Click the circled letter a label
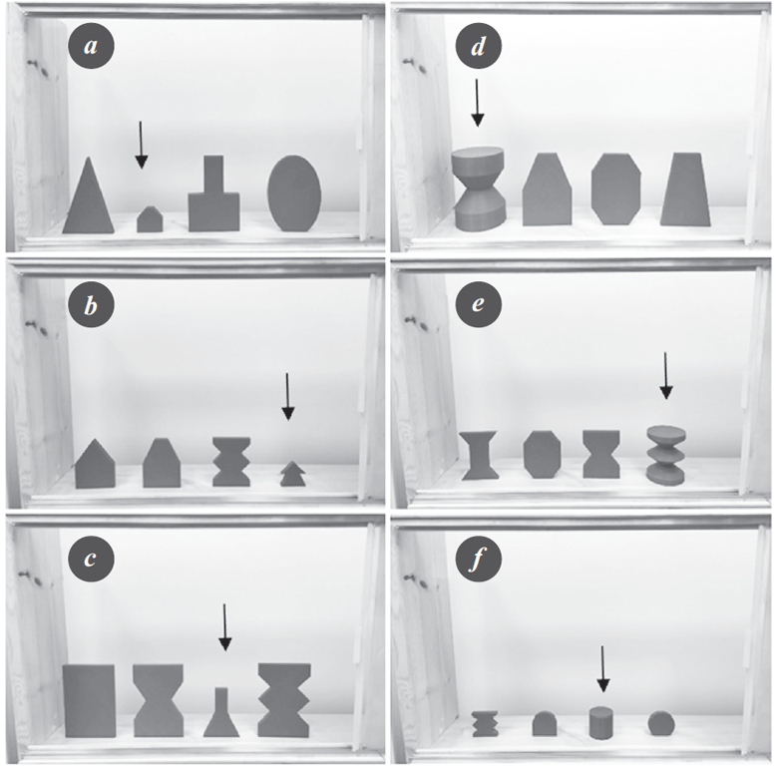point(91,47)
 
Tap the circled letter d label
point(478,47)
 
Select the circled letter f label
point(478,560)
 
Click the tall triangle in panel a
point(89,197)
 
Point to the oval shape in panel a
point(294,192)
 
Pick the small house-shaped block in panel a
point(150,219)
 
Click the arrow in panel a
point(141,145)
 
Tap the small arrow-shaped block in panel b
point(292,474)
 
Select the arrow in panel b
point(287,396)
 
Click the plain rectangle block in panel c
point(90,701)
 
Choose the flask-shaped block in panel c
point(221,712)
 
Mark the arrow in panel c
point(224,627)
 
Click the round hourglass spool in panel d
point(478,190)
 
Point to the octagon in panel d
point(615,190)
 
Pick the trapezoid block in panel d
point(685,190)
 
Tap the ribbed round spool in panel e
point(666,455)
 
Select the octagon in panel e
point(542,454)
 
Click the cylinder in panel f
point(601,723)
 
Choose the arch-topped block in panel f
point(545,723)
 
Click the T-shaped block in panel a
point(213,193)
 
